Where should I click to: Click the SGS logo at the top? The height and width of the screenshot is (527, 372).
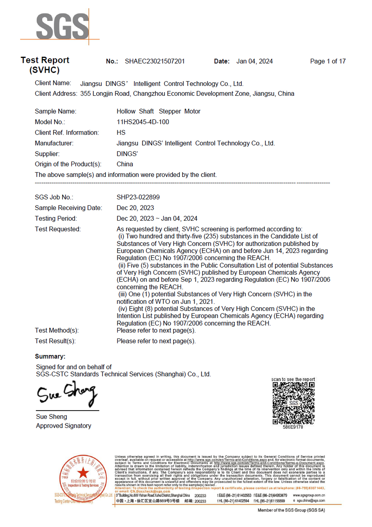[62, 26]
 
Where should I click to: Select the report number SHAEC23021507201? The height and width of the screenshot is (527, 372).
[154, 61]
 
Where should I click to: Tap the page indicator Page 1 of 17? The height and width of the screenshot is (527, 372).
[328, 61]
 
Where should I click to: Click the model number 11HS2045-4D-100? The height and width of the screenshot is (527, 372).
[143, 122]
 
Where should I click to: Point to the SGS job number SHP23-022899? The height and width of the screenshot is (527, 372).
[138, 197]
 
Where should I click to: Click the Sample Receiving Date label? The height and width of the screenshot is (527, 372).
[68, 208]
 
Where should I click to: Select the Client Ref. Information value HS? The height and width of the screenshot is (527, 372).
[121, 133]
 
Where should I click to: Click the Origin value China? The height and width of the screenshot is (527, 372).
[125, 164]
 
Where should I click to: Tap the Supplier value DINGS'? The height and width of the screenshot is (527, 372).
[127, 154]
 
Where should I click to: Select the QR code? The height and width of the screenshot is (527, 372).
[293, 403]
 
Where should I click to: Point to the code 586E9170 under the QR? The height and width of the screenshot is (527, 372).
[293, 427]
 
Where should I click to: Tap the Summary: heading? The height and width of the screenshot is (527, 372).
[50, 356]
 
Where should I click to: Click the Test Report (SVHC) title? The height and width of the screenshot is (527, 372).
[45, 65]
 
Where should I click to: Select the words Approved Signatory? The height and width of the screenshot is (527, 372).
[64, 426]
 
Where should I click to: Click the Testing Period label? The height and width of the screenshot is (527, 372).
[56, 218]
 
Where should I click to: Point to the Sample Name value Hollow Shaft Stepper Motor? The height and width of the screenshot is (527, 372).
[158, 111]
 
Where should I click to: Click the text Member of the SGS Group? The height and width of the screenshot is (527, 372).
[291, 510]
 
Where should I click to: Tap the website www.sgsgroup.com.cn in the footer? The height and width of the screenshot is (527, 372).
[309, 495]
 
